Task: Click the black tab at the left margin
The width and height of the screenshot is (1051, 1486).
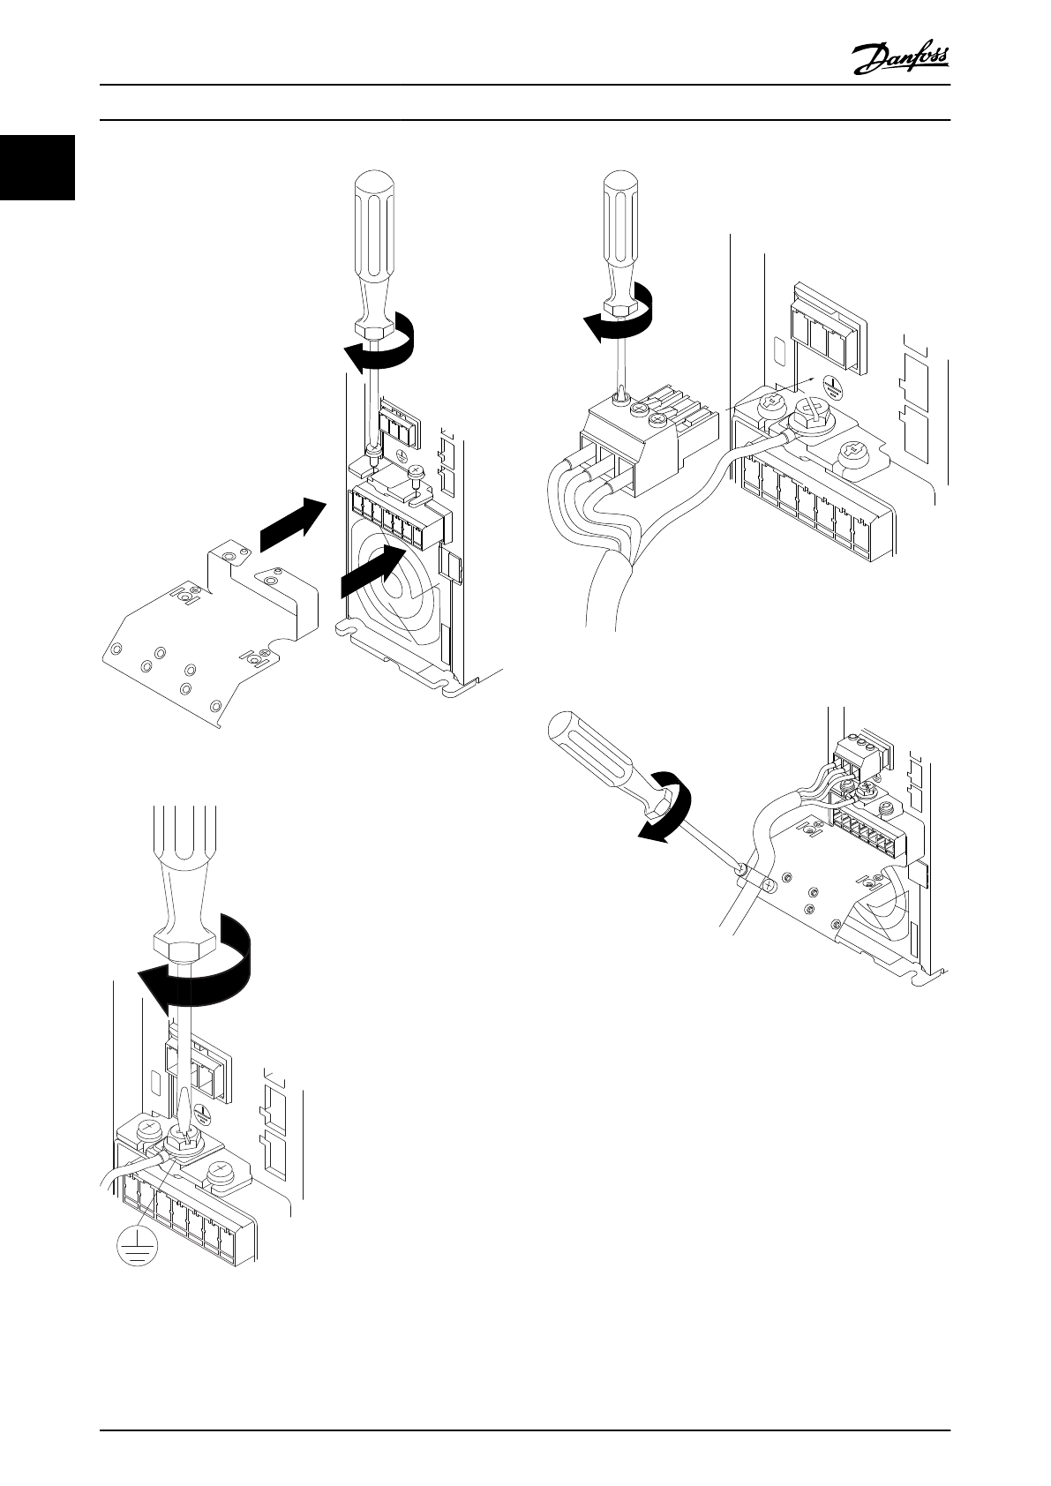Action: pyautogui.click(x=36, y=168)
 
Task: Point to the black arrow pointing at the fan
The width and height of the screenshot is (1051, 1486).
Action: pyautogui.click(x=372, y=573)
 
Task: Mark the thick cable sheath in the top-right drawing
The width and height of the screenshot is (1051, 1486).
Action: pyautogui.click(x=609, y=591)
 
